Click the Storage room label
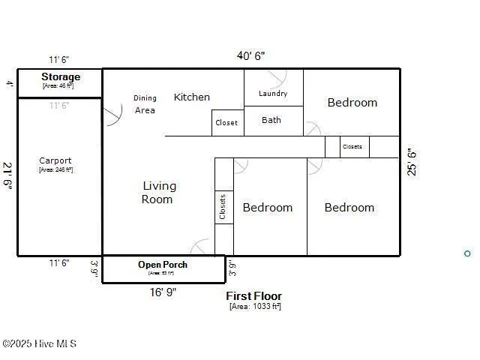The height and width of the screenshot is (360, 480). tap(60, 77)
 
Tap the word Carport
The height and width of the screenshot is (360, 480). tap(55, 160)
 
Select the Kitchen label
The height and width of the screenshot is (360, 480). tap(192, 97)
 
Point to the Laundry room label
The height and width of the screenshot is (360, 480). tap(273, 94)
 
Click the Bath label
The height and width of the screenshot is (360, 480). tap(271, 120)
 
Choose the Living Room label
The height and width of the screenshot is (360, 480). tap(159, 193)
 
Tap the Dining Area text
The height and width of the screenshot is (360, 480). tap(145, 104)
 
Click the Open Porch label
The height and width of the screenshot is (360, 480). tap(163, 265)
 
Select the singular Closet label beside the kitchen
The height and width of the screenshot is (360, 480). tap(226, 123)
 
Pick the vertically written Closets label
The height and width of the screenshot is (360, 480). tap(223, 208)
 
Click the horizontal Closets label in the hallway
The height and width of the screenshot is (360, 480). tap(352, 147)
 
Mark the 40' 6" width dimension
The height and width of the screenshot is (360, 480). tap(250, 56)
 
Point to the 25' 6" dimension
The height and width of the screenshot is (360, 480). tap(411, 161)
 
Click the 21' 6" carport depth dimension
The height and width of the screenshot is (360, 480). tap(7, 176)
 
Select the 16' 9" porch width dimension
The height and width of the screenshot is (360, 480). tap(163, 292)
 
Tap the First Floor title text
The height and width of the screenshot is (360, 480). tap(255, 296)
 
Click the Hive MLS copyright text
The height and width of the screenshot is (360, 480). tap(39, 344)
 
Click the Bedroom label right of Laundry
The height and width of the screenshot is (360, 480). tap(352, 103)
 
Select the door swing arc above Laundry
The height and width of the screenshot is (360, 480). tap(278, 77)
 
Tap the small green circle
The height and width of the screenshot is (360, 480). tap(467, 253)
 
